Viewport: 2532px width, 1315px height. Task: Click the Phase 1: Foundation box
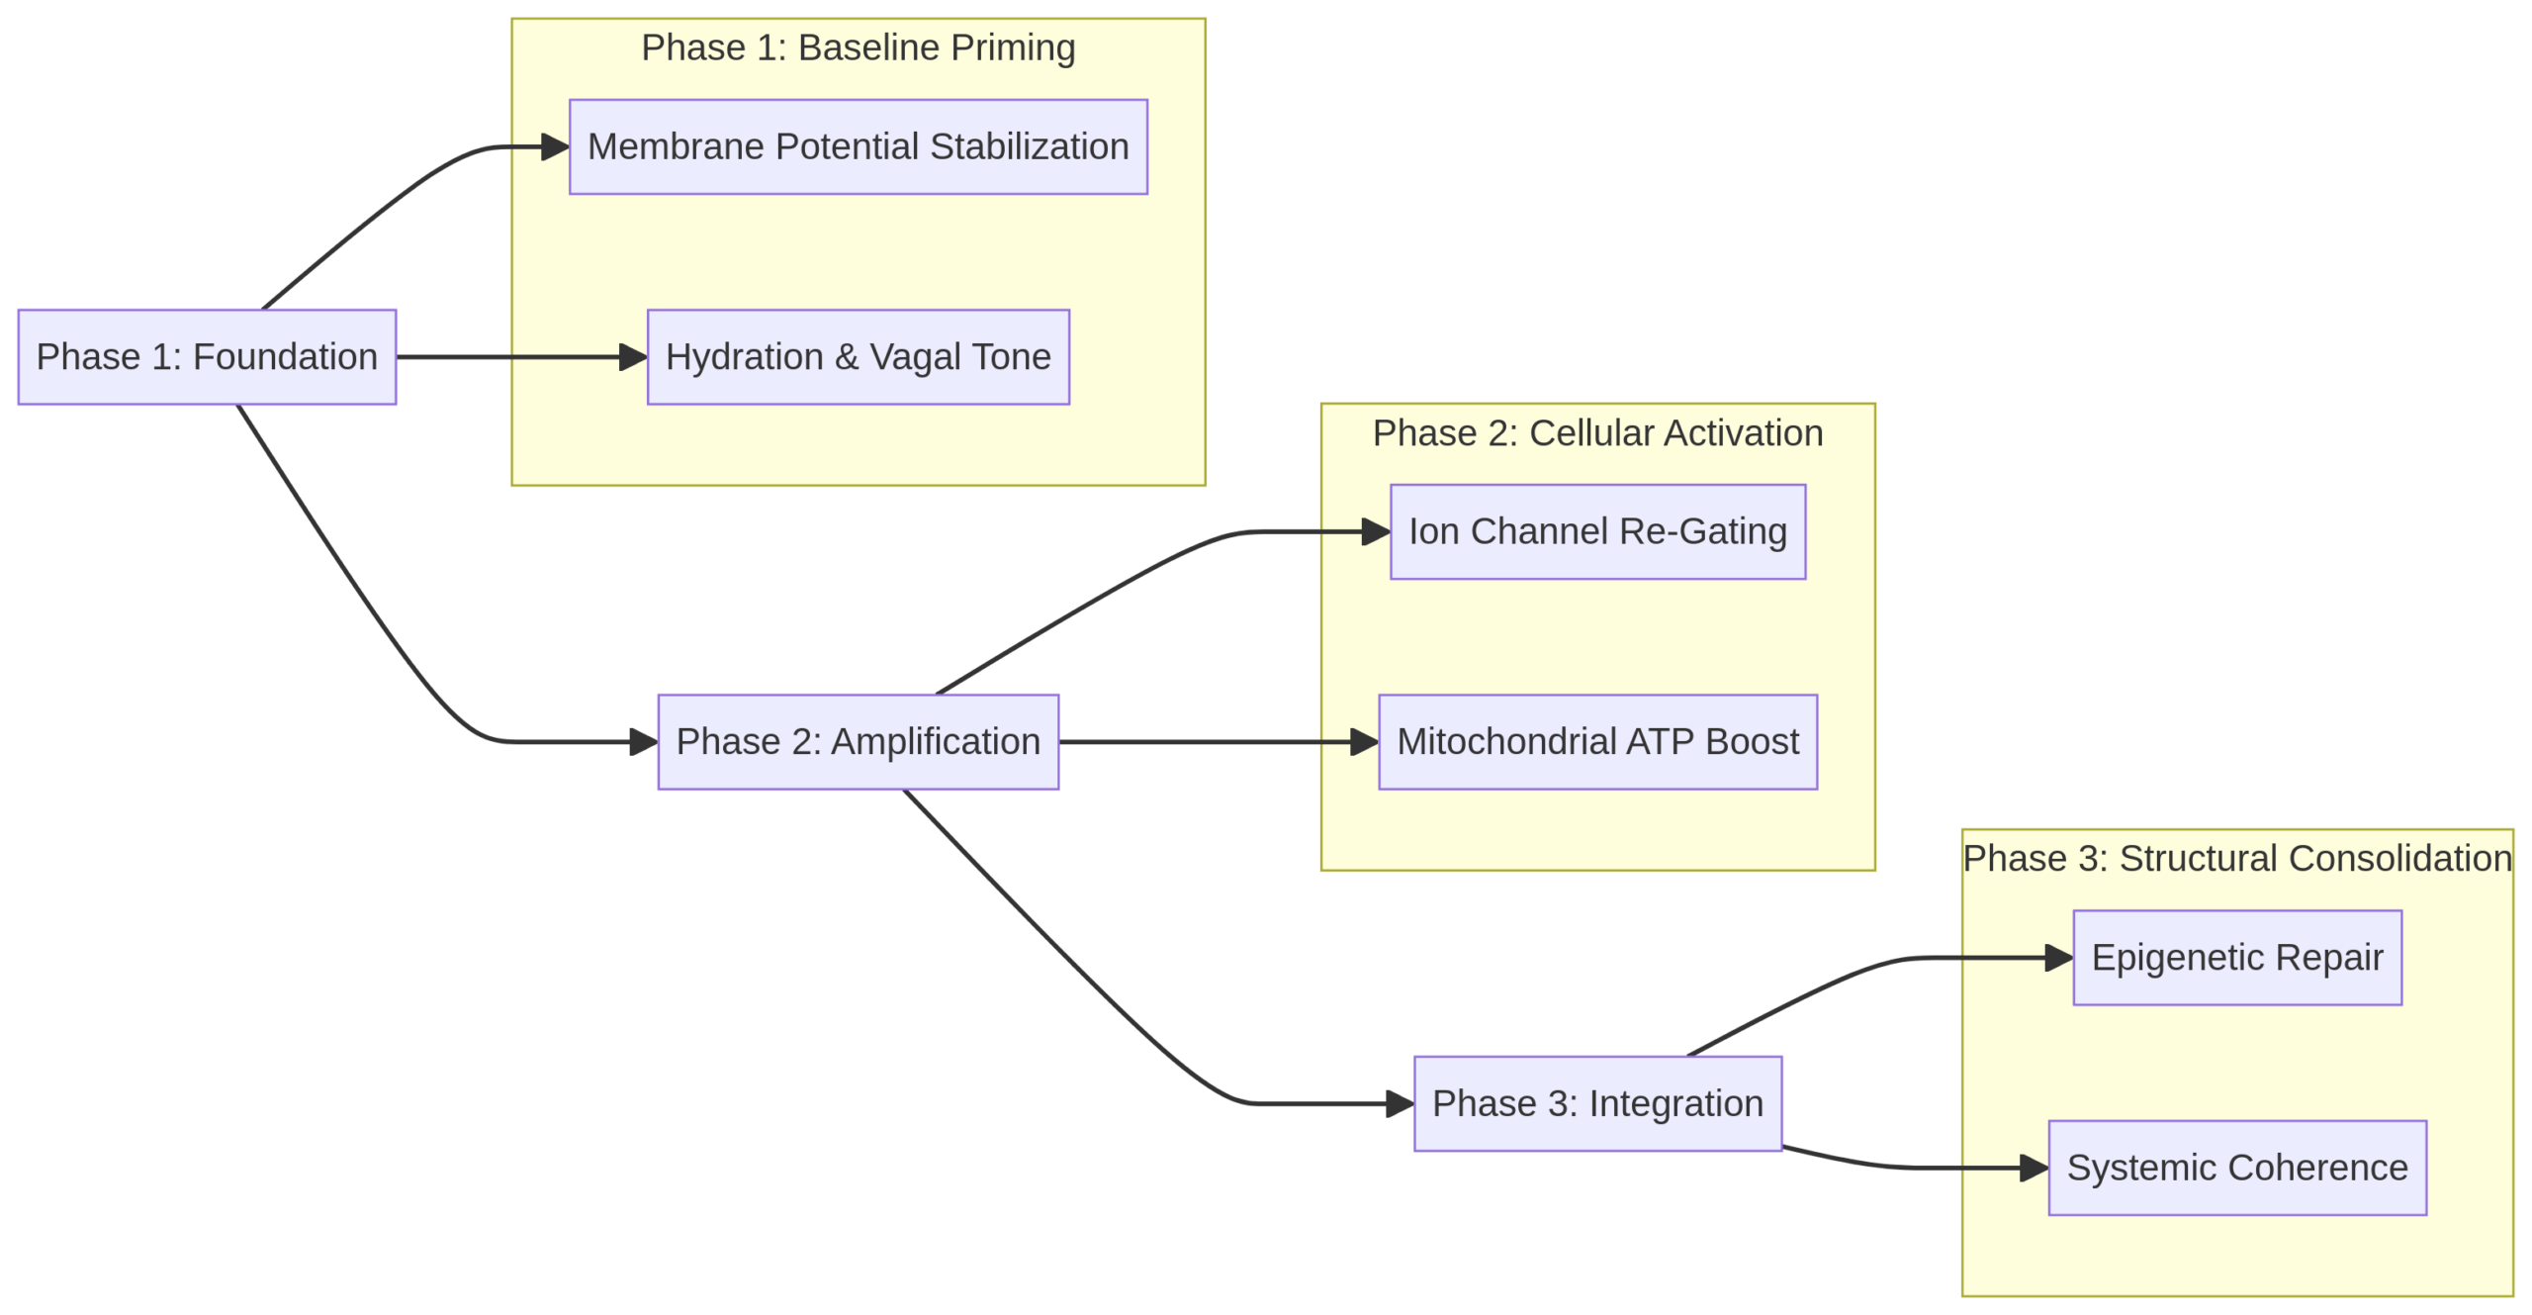click(x=207, y=356)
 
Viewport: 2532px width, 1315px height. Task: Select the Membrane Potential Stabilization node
click(x=858, y=146)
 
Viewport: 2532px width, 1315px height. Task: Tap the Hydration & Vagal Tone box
click(x=858, y=356)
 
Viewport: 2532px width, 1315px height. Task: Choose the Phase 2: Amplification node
click(x=858, y=741)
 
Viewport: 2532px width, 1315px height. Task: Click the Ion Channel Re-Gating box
click(x=1597, y=531)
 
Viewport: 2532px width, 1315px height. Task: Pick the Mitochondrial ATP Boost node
click(x=1597, y=741)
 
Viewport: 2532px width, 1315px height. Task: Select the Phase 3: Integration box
click(x=1597, y=1103)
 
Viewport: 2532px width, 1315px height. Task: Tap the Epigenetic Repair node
click(x=2236, y=957)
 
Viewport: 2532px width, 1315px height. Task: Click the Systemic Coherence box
click(x=2236, y=1168)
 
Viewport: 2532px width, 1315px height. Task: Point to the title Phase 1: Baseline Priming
click(x=858, y=47)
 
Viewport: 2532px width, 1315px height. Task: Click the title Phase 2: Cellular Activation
click(x=1597, y=432)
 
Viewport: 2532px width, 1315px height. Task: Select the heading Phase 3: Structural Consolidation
click(x=2236, y=858)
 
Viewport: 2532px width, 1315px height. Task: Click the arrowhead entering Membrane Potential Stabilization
click(x=556, y=146)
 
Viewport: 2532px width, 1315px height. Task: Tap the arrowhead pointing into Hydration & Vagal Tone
click(x=633, y=356)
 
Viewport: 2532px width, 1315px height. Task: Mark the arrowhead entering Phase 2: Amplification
click(x=644, y=741)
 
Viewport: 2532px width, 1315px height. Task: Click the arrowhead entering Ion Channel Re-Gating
click(x=1376, y=531)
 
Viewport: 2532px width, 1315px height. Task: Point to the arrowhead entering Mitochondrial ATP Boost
click(x=1364, y=741)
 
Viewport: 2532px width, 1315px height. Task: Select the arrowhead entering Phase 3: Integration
click(x=1400, y=1103)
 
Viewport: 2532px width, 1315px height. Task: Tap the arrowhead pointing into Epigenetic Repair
click(x=2058, y=957)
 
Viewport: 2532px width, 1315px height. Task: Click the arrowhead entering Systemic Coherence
click(x=2034, y=1168)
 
